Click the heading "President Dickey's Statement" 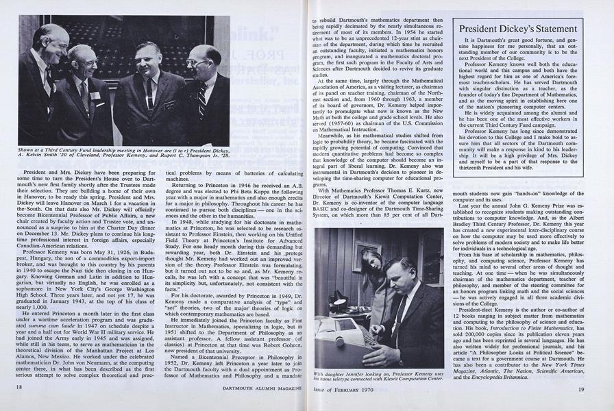tap(527, 29)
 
